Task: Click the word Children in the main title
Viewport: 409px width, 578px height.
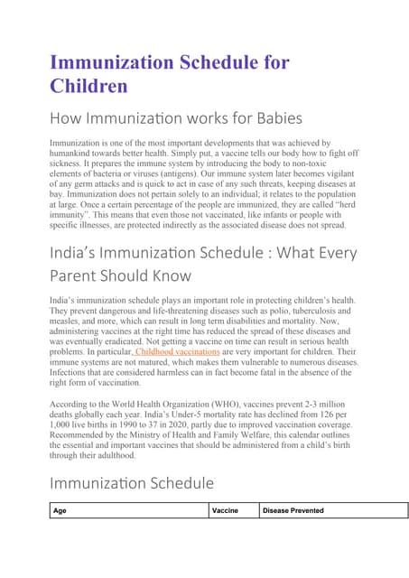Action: [88, 86]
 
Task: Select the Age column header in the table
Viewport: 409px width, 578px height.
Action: [60, 510]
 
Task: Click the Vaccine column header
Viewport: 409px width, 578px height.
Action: [225, 510]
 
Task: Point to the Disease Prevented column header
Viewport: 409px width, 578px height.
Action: [293, 510]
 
